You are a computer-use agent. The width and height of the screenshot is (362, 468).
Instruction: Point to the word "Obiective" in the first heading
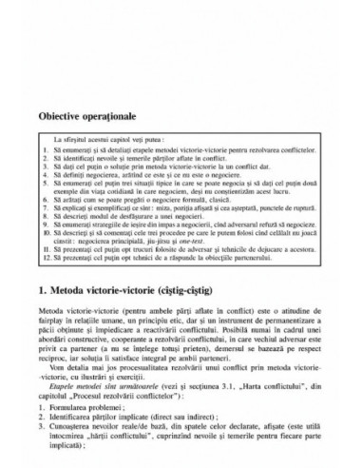pyautogui.click(x=63, y=114)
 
